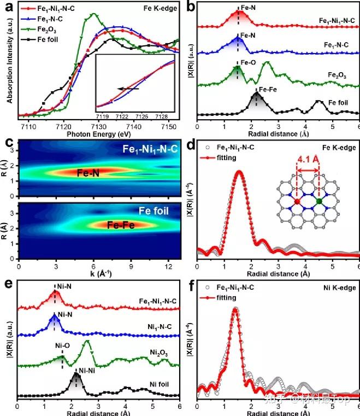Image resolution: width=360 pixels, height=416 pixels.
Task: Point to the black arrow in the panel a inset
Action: [x=128, y=88]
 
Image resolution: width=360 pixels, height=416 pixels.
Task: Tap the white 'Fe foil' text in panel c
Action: [x=157, y=210]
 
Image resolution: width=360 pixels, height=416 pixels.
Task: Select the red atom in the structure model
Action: [x=297, y=202]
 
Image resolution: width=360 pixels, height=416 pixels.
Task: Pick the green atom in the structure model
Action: [x=319, y=202]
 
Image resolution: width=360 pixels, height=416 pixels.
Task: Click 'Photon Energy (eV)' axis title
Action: [x=97, y=132]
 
